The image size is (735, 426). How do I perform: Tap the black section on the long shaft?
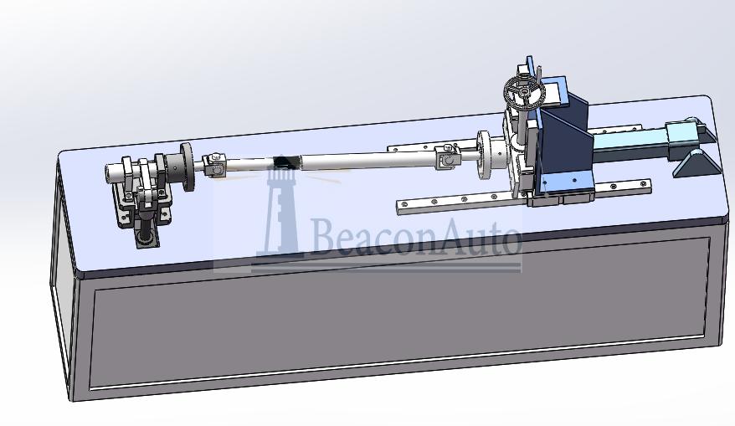[x=285, y=162]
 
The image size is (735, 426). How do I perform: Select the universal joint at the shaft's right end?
[x=446, y=156]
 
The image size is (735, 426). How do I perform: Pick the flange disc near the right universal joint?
[x=483, y=155]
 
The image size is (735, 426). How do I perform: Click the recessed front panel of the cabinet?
[x=402, y=322]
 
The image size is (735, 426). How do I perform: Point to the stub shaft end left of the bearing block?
[x=114, y=173]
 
